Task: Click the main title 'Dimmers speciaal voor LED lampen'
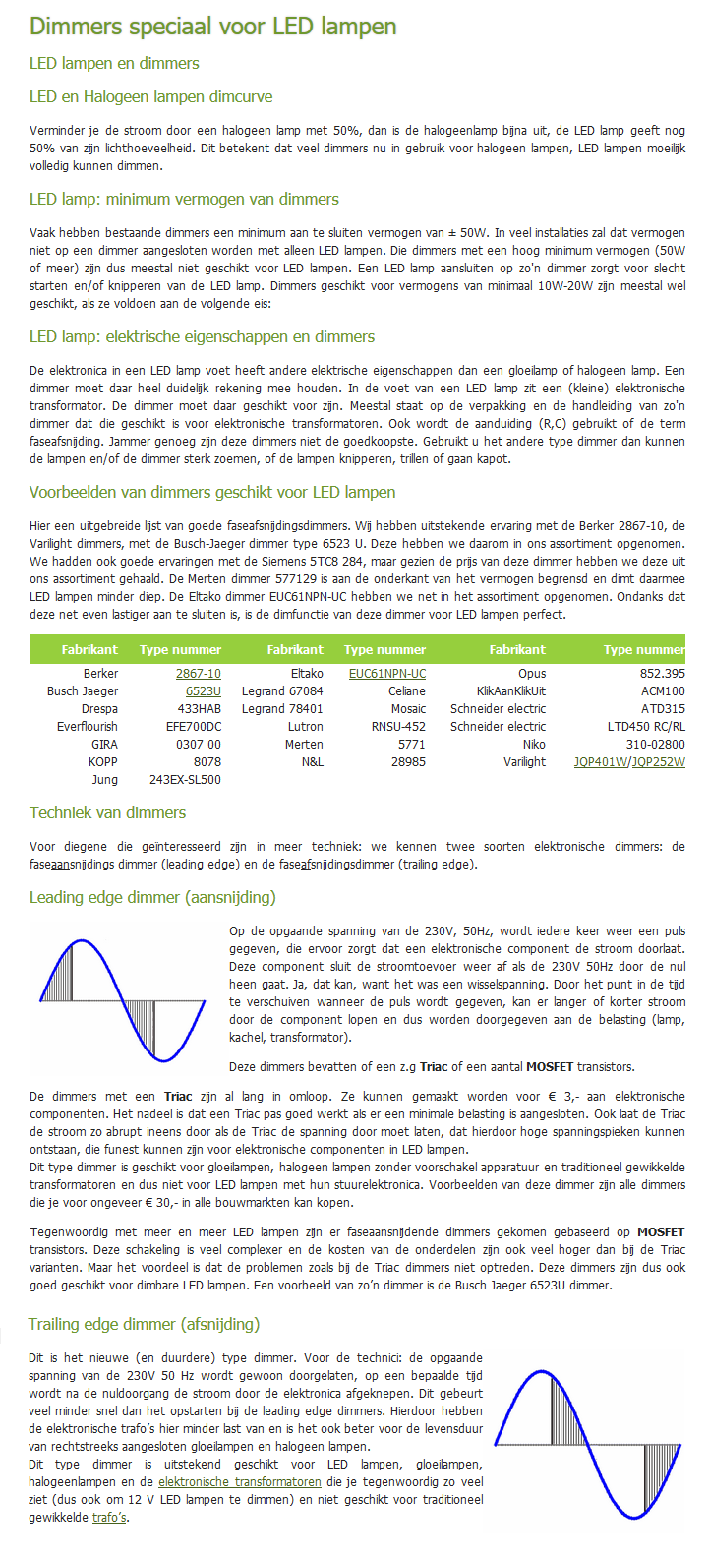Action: point(212,27)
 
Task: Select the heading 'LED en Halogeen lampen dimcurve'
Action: point(150,96)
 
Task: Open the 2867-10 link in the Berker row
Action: point(198,674)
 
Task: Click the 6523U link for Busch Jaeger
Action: point(203,691)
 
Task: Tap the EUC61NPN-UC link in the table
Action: point(386,674)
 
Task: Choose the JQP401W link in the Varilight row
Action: point(600,762)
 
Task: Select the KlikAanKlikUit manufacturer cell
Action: point(510,691)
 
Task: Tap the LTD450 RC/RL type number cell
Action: point(646,727)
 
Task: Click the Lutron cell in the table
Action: point(305,727)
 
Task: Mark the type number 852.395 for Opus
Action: point(662,674)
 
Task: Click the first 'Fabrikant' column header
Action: point(89,650)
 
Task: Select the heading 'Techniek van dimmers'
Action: point(107,812)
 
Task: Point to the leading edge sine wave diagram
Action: point(122,999)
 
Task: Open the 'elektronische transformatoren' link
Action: point(240,1482)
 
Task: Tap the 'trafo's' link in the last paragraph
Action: point(109,1518)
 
